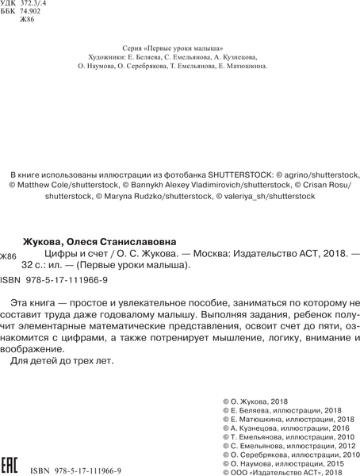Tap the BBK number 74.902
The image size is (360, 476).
tap(36, 14)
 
